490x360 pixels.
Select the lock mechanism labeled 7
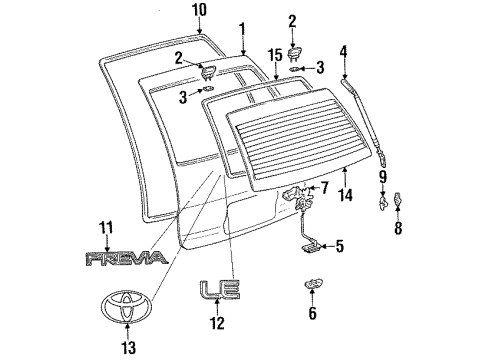click(x=299, y=196)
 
